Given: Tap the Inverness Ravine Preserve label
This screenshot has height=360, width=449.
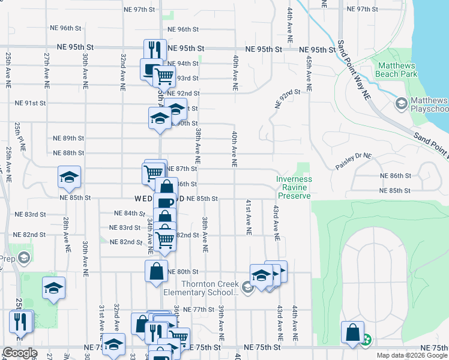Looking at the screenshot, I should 294,187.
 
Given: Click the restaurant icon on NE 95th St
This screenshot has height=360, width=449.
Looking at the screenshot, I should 155,49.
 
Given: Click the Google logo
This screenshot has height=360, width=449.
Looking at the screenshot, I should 20,353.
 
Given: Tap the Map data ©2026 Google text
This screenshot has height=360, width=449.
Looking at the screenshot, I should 412,355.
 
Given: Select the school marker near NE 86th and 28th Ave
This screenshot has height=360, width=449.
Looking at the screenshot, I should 69,176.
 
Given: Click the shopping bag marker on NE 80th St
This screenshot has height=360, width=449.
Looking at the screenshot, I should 156,270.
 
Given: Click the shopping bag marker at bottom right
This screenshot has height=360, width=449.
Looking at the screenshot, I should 352,332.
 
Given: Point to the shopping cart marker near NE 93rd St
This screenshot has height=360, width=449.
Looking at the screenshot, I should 164,76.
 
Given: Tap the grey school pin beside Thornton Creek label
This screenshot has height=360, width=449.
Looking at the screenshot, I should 247,289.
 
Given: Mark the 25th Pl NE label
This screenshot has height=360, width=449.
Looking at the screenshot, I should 18,136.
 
